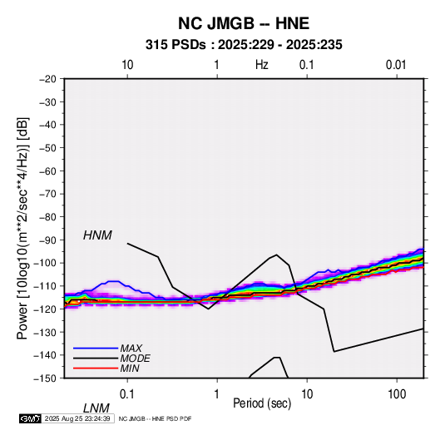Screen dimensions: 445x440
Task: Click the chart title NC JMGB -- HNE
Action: point(244,23)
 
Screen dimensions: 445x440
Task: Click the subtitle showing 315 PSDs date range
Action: point(244,45)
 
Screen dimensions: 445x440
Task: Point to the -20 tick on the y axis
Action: point(47,79)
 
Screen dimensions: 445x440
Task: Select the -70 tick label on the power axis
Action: point(47,194)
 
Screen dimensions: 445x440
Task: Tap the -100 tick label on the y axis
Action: point(45,263)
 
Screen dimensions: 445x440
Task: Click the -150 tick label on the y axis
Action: point(45,378)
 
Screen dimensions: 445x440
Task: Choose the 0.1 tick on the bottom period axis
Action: point(127,394)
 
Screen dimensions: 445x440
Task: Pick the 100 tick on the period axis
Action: point(397,394)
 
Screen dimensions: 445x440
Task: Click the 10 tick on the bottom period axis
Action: point(307,394)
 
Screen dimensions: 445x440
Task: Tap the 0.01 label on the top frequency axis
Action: point(396,65)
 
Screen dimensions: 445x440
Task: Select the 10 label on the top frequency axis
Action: point(127,65)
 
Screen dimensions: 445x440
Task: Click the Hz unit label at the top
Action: point(262,65)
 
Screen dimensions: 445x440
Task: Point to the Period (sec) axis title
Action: point(262,403)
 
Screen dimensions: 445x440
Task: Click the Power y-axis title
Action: point(22,229)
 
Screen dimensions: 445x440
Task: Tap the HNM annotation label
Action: point(97,235)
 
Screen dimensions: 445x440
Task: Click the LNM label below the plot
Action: point(96,408)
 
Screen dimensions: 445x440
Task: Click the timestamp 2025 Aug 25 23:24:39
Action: point(77,418)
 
